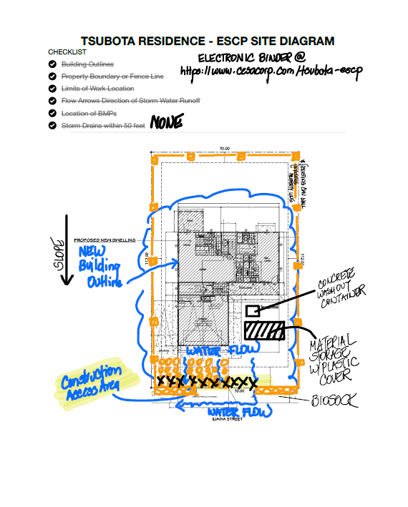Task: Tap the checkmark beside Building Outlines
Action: tap(52, 64)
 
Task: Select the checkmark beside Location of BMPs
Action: tap(52, 113)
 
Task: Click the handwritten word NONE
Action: tap(166, 124)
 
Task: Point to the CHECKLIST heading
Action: tap(67, 52)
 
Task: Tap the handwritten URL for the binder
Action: tap(268, 72)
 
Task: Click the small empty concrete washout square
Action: tap(253, 311)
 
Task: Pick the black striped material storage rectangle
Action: tap(265, 331)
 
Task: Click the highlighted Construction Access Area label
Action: tap(90, 384)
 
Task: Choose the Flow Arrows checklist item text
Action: tap(130, 101)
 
